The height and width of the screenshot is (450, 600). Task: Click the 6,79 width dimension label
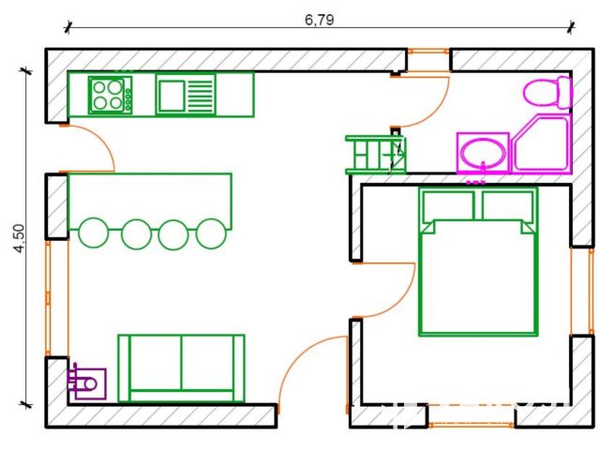point(319,20)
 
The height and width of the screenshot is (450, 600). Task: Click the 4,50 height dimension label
point(19,238)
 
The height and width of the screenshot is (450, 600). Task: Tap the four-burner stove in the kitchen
point(111,95)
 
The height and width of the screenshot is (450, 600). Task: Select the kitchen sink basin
point(172,96)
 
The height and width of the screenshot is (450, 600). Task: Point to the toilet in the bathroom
point(547,92)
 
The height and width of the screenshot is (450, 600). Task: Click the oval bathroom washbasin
point(483,153)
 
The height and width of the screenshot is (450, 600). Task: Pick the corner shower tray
point(542,143)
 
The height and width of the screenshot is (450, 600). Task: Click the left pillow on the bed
point(448,205)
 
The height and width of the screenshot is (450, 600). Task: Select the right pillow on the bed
point(507,205)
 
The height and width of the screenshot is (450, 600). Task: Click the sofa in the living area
point(181,368)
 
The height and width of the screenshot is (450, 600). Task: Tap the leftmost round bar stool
point(94,232)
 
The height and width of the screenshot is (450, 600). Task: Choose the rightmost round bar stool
point(211,233)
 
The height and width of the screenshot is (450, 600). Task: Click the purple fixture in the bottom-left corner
point(86,383)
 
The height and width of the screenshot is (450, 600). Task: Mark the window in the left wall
point(48,298)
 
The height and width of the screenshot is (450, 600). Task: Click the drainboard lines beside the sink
point(200,96)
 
